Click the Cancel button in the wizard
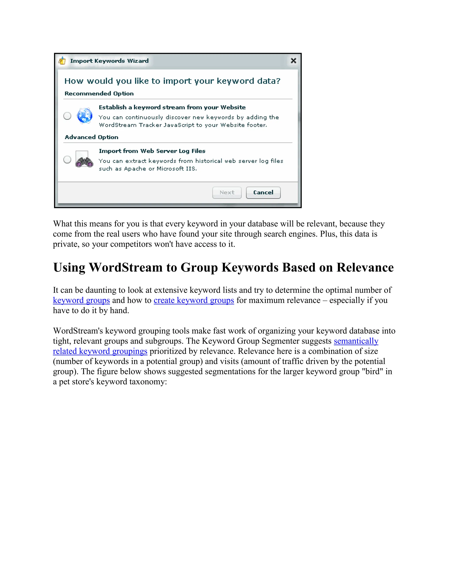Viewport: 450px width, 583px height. coord(263,192)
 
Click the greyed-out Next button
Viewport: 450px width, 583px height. coord(227,192)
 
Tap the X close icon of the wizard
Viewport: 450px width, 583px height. coord(293,61)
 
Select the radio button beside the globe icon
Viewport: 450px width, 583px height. coord(67,116)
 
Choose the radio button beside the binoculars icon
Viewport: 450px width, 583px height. coord(67,160)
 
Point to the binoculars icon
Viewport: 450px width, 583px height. coord(84,160)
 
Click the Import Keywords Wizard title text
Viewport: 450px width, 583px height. coord(109,61)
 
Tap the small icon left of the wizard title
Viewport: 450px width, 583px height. coord(62,61)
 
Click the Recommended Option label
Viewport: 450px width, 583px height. coord(99,93)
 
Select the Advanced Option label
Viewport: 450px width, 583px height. coord(91,137)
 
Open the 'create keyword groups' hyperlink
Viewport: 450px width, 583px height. coord(194,300)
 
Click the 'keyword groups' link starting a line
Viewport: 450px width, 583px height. coord(81,300)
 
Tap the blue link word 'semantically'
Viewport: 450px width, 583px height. coord(356,341)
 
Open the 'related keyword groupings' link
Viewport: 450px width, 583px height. coord(100,351)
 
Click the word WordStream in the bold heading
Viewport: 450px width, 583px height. coord(125,268)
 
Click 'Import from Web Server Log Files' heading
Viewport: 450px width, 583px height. coord(152,151)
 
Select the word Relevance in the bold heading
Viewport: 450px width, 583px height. coord(365,268)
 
